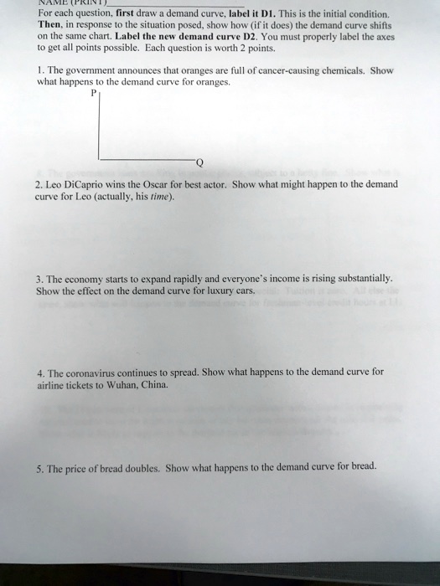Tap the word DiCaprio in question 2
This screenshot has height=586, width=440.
(x=90, y=184)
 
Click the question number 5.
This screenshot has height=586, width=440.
(x=39, y=466)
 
